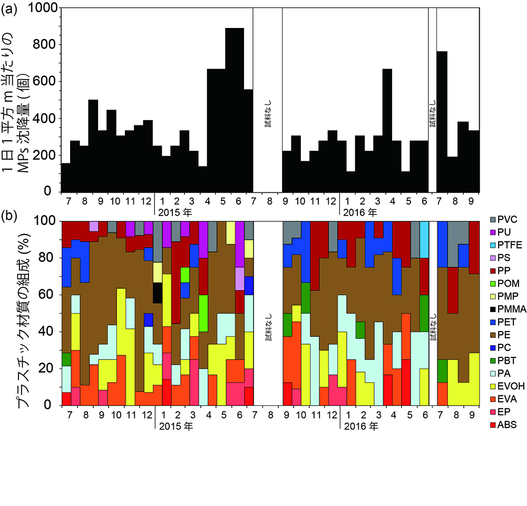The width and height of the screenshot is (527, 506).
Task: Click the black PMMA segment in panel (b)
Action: [x=158, y=293]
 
